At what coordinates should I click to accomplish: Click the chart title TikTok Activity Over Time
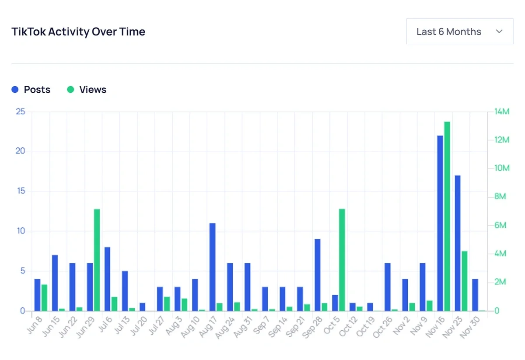(x=78, y=32)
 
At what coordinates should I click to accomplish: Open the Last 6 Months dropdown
(x=459, y=31)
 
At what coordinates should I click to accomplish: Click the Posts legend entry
(x=31, y=90)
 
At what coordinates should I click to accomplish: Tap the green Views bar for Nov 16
(x=447, y=216)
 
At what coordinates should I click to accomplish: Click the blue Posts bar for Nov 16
(x=440, y=223)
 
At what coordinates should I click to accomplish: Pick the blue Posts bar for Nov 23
(x=458, y=243)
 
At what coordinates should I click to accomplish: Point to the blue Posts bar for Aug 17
(x=213, y=267)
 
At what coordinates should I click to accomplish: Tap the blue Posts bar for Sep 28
(x=318, y=275)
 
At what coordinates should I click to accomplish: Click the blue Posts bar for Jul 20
(x=143, y=307)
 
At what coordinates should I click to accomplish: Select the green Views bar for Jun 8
(x=44, y=297)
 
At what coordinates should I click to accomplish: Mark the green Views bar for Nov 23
(x=465, y=281)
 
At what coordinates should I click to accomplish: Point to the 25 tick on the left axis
(x=20, y=112)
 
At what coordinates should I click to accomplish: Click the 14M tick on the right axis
(x=501, y=112)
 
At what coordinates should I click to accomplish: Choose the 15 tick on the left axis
(x=20, y=192)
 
